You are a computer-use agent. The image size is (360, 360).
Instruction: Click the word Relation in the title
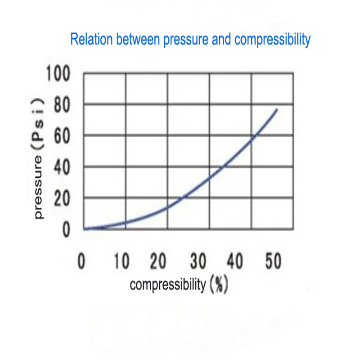click(x=91, y=39)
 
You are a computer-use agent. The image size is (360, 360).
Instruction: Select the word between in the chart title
click(x=138, y=39)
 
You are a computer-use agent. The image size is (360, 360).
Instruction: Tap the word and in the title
click(x=221, y=39)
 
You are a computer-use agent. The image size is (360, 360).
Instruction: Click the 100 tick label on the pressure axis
click(x=58, y=73)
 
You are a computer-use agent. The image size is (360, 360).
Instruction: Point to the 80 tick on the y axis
click(x=62, y=104)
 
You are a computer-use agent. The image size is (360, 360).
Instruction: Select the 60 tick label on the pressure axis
click(x=62, y=136)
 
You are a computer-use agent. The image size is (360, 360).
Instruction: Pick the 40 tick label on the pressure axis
click(x=62, y=167)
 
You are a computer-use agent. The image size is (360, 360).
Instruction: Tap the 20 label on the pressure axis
click(x=62, y=198)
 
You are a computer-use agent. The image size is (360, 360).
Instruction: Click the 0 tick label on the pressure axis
click(x=66, y=229)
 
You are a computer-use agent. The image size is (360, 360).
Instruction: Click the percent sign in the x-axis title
click(x=219, y=284)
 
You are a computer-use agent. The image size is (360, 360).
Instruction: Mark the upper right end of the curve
click(x=277, y=109)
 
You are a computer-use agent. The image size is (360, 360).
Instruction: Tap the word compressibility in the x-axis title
click(x=167, y=285)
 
